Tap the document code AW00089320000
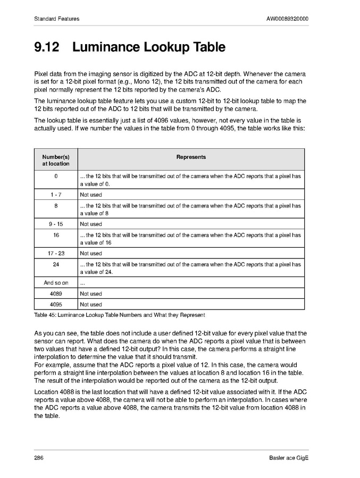coord(288,19)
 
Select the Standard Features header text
coord(57,19)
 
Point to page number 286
coord(39,458)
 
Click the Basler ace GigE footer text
coord(289,458)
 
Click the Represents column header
coord(191,157)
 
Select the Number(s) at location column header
coord(56,160)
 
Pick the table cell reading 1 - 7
coord(56,195)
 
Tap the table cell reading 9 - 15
coord(56,224)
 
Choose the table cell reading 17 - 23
coord(56,254)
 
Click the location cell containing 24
coord(56,264)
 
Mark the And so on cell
coord(56,283)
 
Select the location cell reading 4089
coord(56,293)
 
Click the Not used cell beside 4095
coord(91,305)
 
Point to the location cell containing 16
coord(56,235)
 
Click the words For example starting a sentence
coord(51,365)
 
